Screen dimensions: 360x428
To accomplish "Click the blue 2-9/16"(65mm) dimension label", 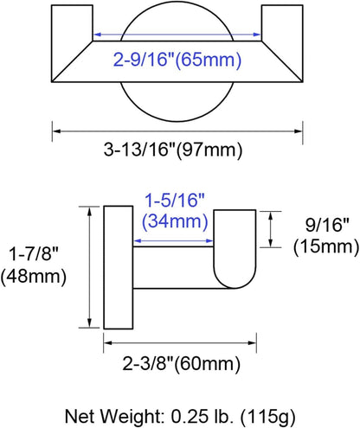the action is tap(177, 61).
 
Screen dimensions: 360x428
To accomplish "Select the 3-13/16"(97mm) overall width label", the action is tap(173, 150).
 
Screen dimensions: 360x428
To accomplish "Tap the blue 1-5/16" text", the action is tap(175, 201).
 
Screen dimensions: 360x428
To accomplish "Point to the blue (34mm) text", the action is tap(175, 221).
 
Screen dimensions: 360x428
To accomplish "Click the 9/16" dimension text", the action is tap(327, 225).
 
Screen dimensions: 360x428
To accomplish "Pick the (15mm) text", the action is tap(326, 247).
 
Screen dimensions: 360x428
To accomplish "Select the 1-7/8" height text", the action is tap(34, 254).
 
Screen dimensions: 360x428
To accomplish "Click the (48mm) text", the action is tap(34, 277).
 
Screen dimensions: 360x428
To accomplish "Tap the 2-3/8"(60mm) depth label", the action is tap(182, 364).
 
